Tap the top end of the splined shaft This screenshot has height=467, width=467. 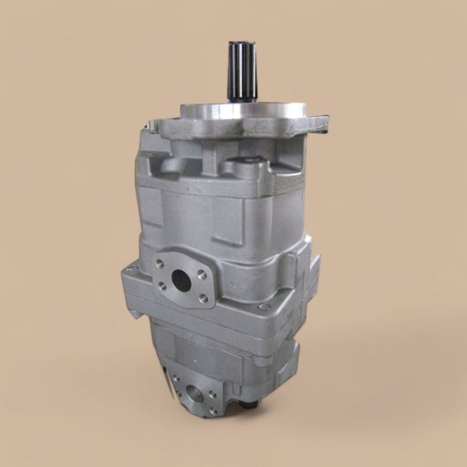tap(241, 45)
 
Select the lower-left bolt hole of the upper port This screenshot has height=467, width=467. tap(161, 286)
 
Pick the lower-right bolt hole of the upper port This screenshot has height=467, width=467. tap(201, 298)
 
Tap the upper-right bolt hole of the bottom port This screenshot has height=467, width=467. tap(213, 394)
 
